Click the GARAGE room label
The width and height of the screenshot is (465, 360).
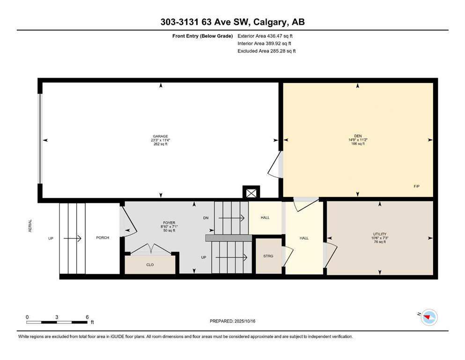(161, 136)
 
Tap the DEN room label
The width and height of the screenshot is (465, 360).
(358, 136)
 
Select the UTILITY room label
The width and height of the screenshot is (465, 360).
(380, 234)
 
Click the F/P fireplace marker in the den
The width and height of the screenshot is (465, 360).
(417, 187)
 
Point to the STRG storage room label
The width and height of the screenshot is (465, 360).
(268, 256)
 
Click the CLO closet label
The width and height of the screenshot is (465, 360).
(150, 265)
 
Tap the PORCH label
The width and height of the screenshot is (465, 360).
(103, 238)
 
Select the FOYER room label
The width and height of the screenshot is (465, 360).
(169, 223)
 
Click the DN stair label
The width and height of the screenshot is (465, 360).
(206, 218)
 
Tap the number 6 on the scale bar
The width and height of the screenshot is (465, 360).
(87, 317)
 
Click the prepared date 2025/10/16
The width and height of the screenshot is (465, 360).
(245, 321)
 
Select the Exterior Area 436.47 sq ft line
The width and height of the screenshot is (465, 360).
(265, 36)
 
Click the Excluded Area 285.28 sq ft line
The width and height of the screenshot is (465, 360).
(266, 51)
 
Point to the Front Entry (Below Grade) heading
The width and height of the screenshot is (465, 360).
(203, 36)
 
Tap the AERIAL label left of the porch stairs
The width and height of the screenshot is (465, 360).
(30, 225)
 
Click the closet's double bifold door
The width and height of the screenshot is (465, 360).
(151, 249)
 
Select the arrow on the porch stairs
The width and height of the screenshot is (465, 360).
(73, 238)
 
